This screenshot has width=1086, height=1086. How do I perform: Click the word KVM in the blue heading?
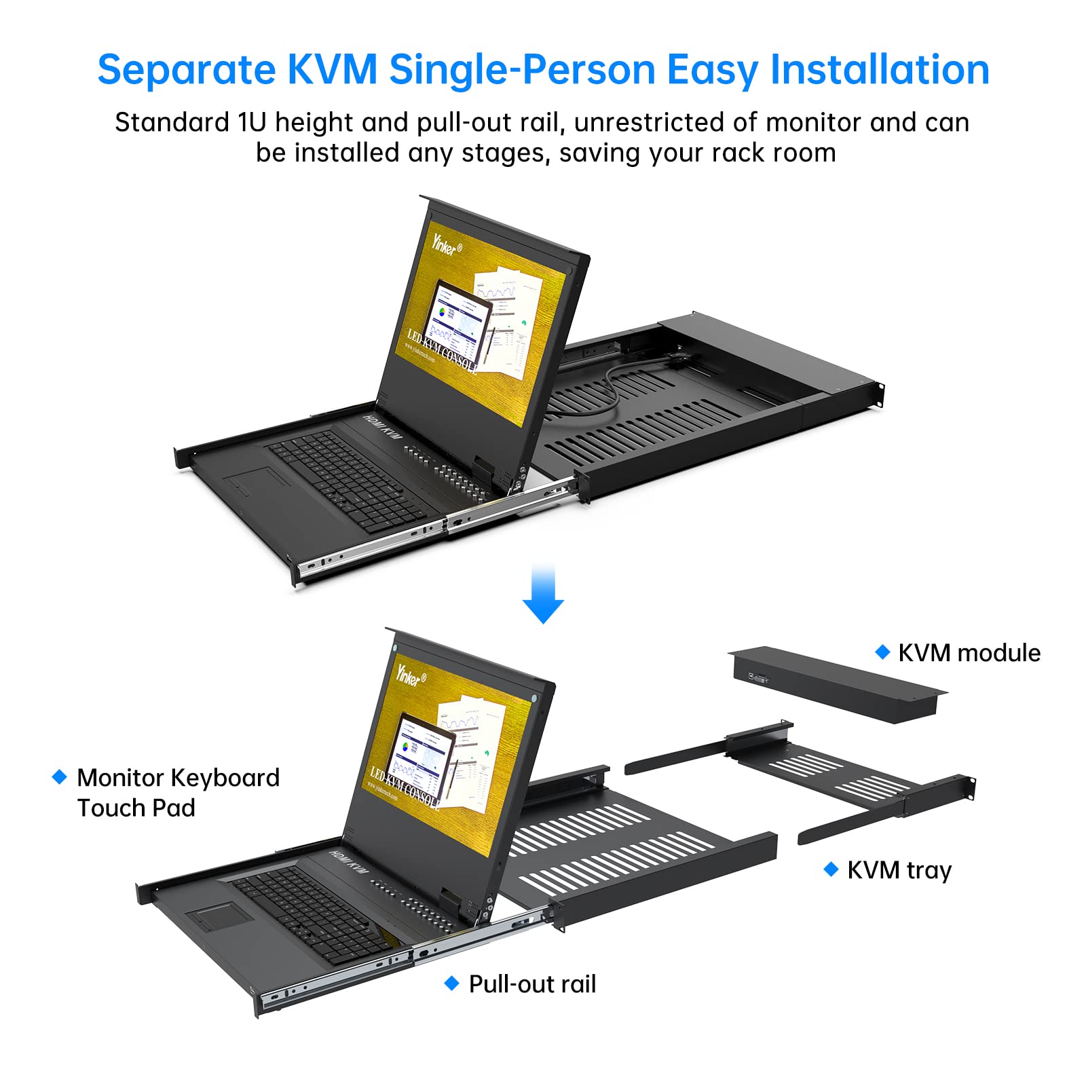pos(332,70)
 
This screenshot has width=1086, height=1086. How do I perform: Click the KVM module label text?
pos(969,653)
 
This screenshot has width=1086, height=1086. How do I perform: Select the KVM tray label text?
pos(899,870)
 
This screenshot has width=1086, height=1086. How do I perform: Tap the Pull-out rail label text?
pos(532,984)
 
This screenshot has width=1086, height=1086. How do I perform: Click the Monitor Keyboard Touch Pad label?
pos(178,793)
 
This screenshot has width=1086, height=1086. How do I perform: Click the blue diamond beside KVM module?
pos(882,652)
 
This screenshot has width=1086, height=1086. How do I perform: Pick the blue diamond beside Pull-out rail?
pos(451,984)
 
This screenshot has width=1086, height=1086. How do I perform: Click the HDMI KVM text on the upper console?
pos(382,426)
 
